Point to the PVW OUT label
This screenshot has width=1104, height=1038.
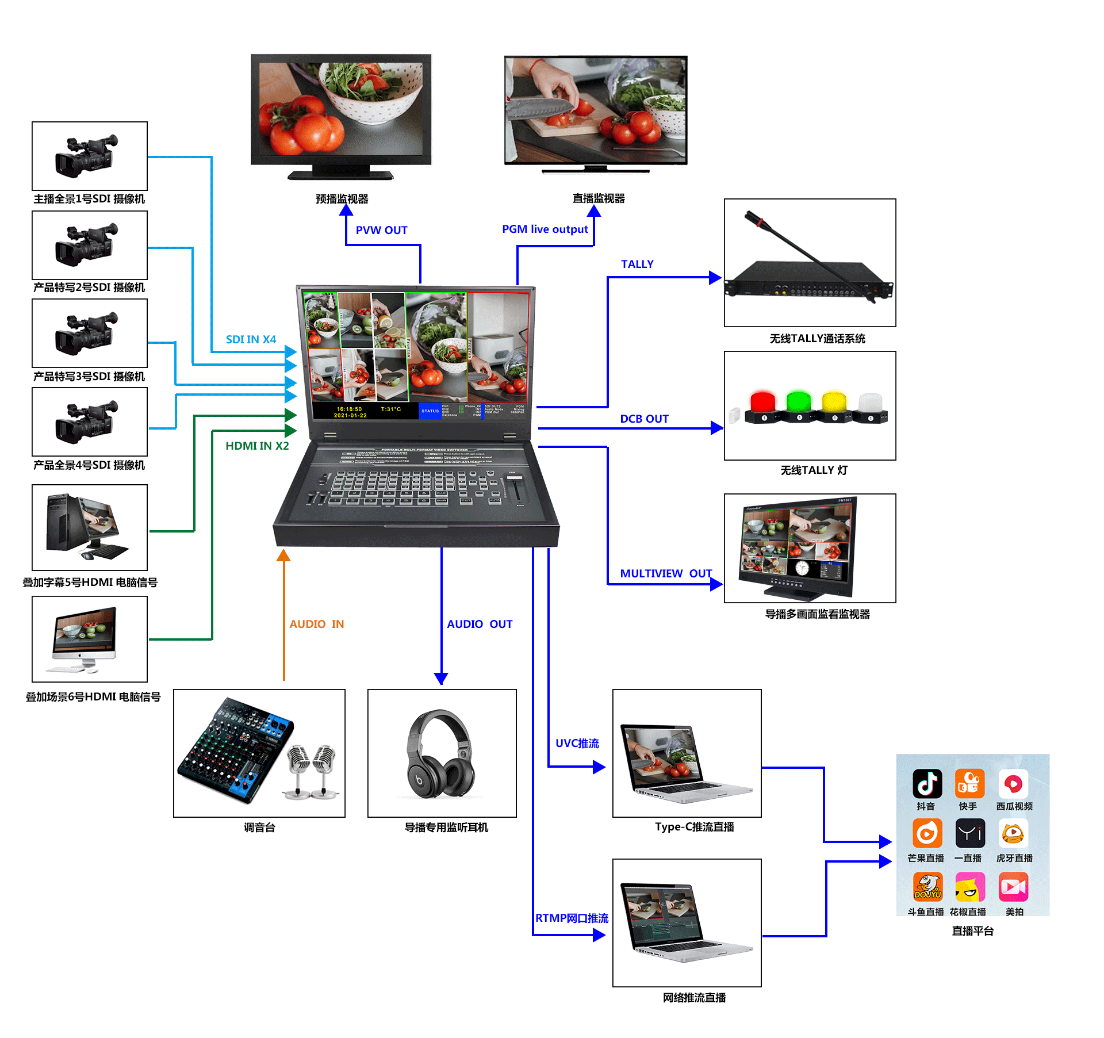381,230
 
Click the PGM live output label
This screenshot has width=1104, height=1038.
545,229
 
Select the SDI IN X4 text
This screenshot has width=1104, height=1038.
251,339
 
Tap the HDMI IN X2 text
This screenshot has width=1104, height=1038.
257,446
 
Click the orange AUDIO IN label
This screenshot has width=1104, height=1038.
316,624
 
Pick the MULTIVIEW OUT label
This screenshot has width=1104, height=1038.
665,573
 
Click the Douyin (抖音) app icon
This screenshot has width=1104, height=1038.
927,783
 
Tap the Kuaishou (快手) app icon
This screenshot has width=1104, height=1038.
969,783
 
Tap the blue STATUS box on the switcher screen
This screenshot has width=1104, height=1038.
430,411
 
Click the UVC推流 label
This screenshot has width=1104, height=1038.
577,743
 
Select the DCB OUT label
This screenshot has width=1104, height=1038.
644,419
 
